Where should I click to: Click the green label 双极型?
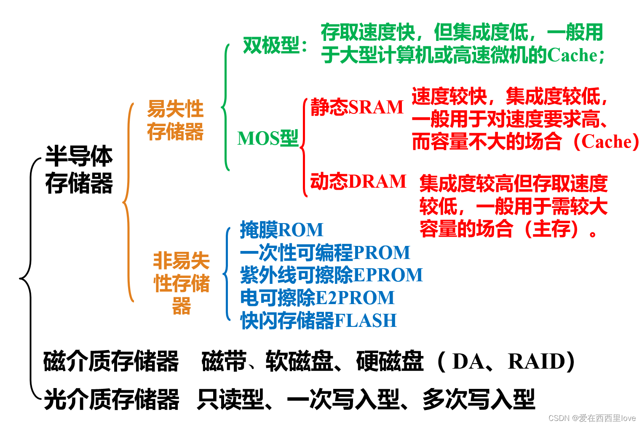point(274,46)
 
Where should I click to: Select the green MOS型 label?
point(267,139)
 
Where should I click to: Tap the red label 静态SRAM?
point(357,107)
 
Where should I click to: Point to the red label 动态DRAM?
point(358,181)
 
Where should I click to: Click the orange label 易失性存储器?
point(175,120)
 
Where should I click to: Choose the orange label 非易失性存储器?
point(181,283)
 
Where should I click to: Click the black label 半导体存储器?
point(79,170)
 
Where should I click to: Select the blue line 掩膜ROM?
point(281,230)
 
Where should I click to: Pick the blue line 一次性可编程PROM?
point(325,253)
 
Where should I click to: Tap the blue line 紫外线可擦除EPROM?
point(331,275)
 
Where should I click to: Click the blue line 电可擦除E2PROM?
point(317,298)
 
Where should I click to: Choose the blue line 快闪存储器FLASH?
point(318,321)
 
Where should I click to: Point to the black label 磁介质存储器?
point(111,361)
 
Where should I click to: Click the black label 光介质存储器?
point(112,399)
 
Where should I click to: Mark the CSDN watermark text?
point(592,418)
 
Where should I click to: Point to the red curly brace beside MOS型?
point(304,147)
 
